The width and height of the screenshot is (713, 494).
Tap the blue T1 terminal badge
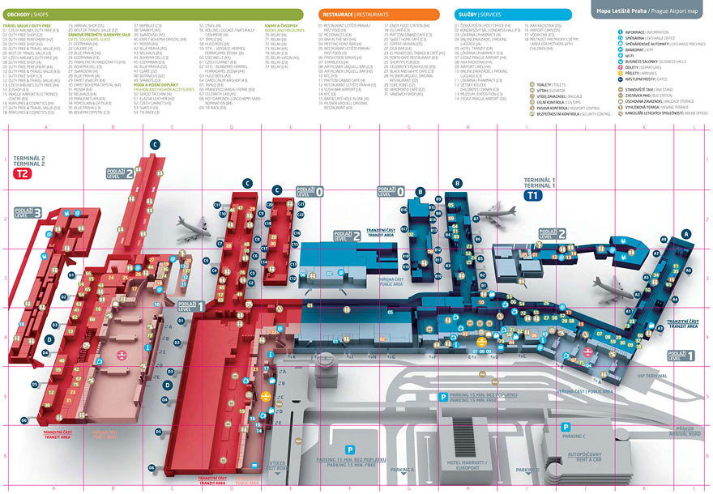532,196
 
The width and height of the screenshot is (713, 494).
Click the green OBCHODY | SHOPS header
152,14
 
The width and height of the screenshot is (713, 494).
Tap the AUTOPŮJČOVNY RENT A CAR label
583,458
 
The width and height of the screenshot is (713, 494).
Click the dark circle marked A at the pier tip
687,233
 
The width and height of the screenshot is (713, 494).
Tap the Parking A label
401,470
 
